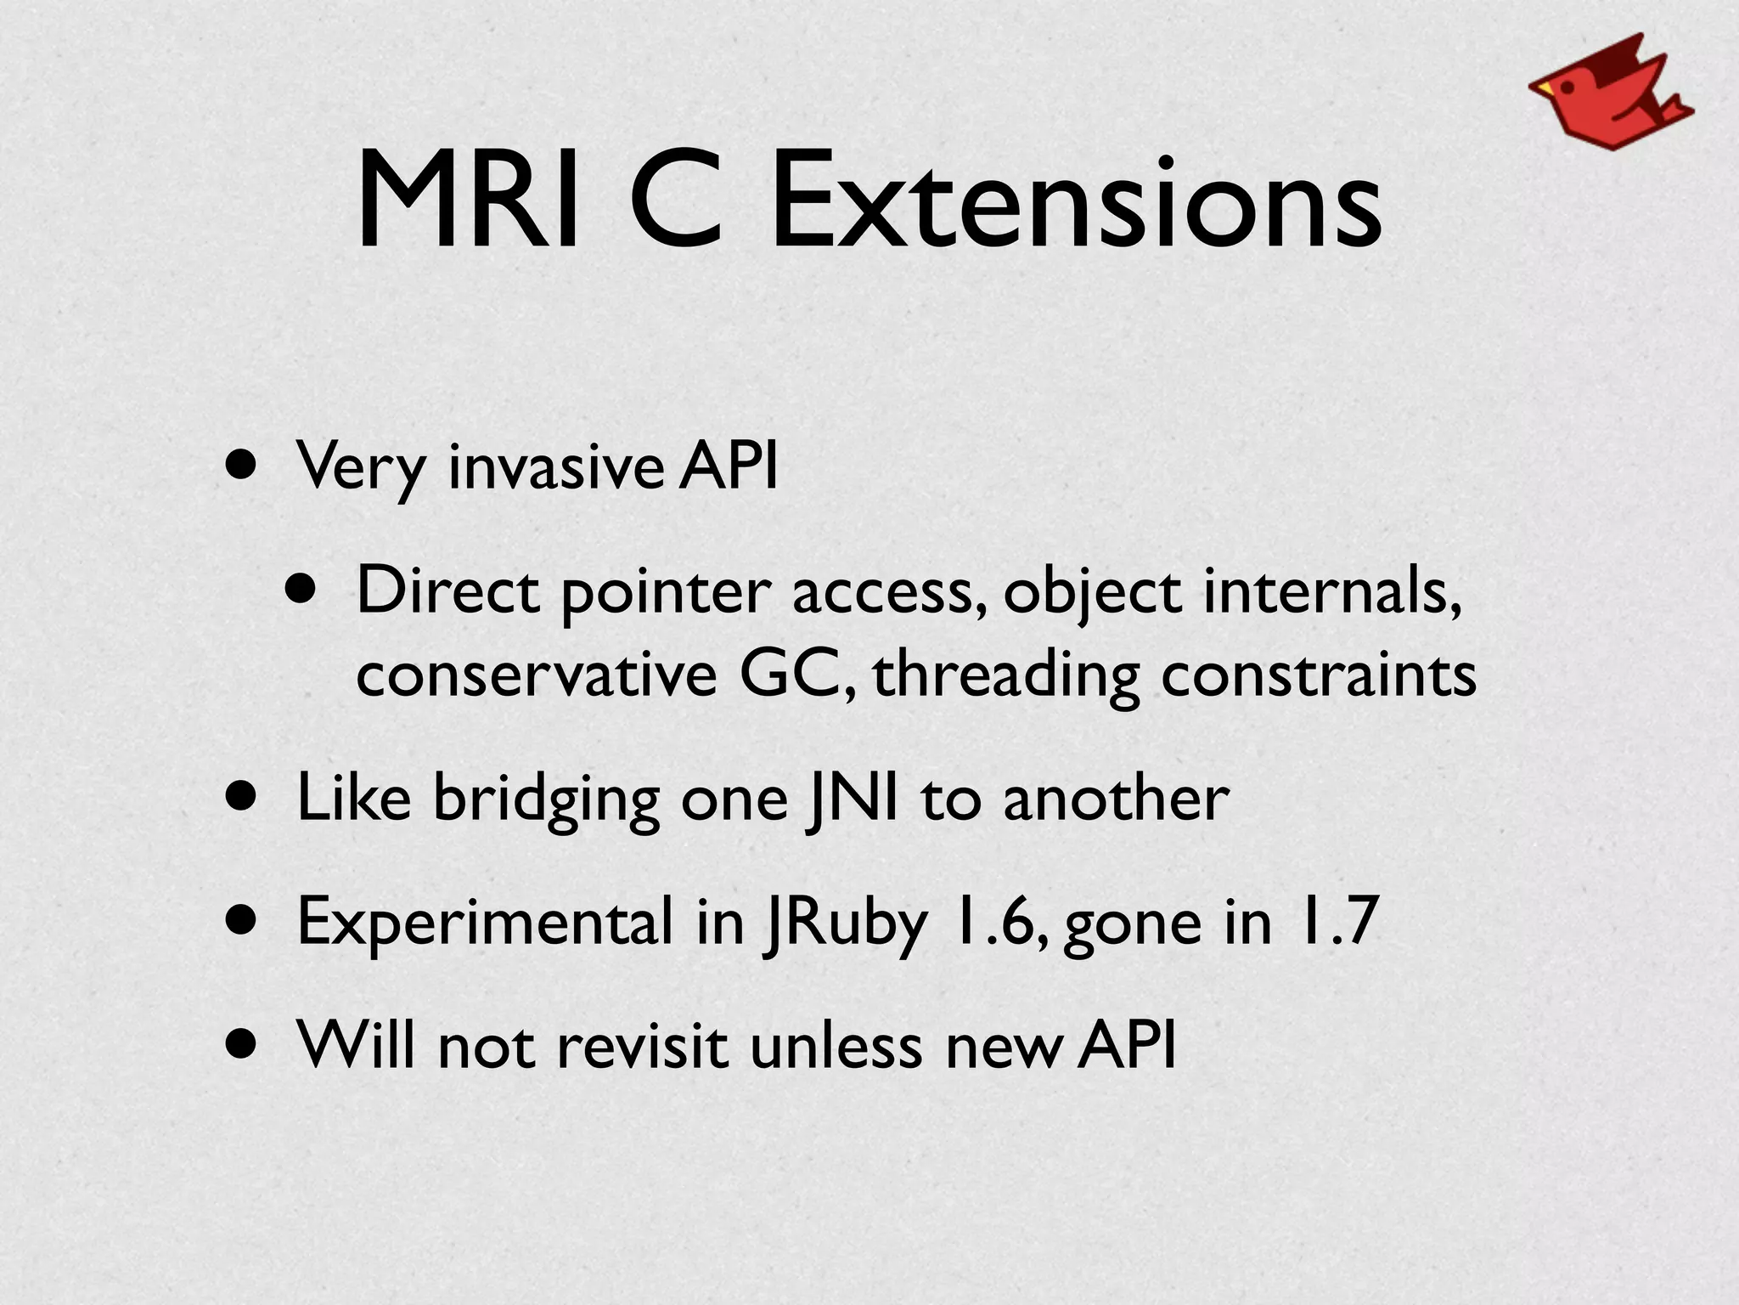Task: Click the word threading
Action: click(x=1006, y=676)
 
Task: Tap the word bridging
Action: click(x=546, y=800)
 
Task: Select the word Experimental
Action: click(x=485, y=924)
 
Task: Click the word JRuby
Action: click(x=845, y=924)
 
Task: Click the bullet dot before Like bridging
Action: click(x=243, y=799)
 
